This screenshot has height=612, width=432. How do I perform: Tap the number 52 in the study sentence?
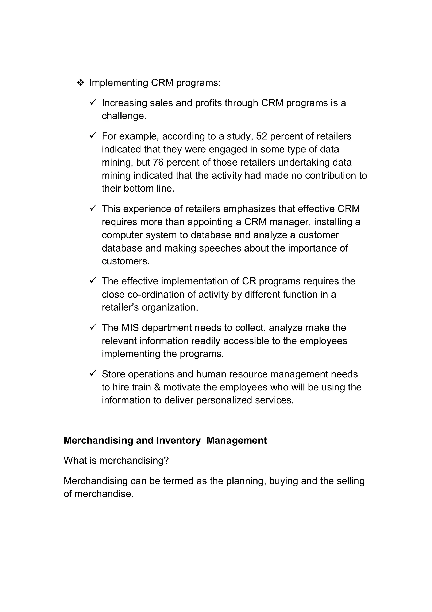[261, 136]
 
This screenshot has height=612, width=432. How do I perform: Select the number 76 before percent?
[158, 163]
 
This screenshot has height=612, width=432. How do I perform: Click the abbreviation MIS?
[130, 328]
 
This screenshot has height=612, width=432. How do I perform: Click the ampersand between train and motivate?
[157, 387]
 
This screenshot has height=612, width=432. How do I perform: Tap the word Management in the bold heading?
[236, 441]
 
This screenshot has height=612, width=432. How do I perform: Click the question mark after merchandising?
[166, 461]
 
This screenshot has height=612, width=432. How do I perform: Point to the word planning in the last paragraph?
[246, 481]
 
